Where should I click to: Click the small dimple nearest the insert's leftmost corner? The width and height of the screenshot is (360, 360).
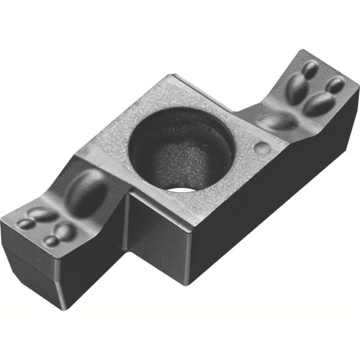(26, 223)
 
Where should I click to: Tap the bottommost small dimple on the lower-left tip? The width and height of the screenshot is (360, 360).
(52, 241)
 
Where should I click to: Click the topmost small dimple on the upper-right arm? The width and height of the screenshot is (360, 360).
(310, 70)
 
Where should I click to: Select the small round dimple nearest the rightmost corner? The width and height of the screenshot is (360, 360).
(335, 85)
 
